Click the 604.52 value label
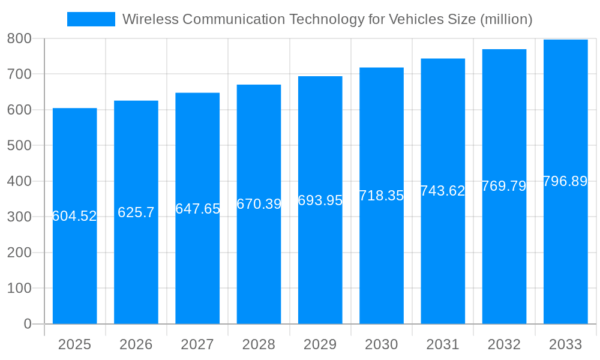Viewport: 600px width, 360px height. pyautogui.click(x=75, y=216)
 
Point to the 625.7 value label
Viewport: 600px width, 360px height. pyautogui.click(x=136, y=212)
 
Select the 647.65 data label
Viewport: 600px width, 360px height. pyautogui.click(x=197, y=209)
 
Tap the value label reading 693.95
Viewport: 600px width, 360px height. pyautogui.click(x=320, y=200)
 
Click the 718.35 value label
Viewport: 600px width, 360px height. pyautogui.click(x=382, y=196)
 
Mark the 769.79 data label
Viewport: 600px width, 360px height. pyautogui.click(x=504, y=186)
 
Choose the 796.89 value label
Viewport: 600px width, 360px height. pyautogui.click(x=565, y=181)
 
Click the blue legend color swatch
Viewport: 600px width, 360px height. pyautogui.click(x=91, y=19)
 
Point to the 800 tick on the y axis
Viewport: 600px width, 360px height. pyautogui.click(x=19, y=38)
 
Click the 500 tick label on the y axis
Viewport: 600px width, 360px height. pyautogui.click(x=19, y=146)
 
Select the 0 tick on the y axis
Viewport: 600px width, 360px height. pyautogui.click(x=27, y=324)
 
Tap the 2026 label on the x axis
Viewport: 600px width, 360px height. pyautogui.click(x=136, y=344)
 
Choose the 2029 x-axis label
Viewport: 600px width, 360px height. pyautogui.click(x=320, y=344)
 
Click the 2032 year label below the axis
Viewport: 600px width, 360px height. pyautogui.click(x=504, y=344)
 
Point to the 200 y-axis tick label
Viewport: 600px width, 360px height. pyautogui.click(x=19, y=253)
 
